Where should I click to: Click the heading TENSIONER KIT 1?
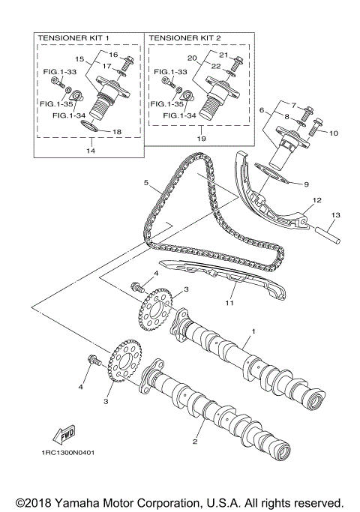point(72,37)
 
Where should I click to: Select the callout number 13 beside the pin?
point(335,215)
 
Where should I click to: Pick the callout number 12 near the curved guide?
point(316,200)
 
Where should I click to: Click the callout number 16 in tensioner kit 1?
point(115,55)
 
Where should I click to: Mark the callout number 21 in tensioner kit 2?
point(223,55)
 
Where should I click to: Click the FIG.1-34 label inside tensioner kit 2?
point(178,116)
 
